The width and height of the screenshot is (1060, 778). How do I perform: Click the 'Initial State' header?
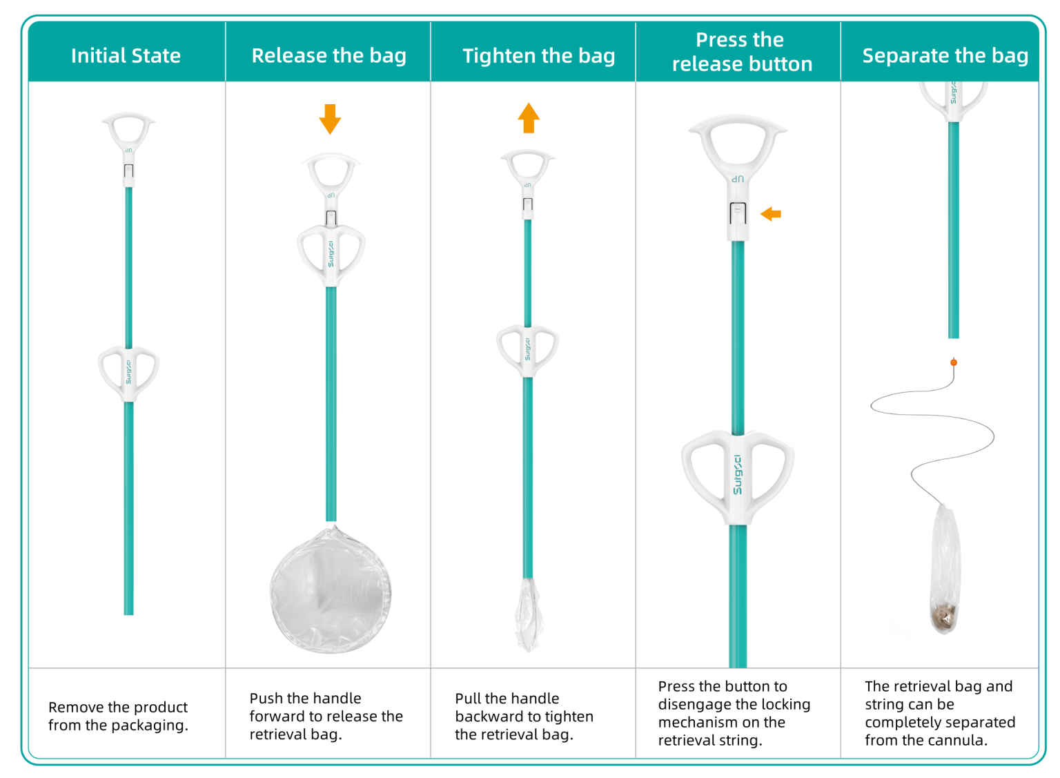[x=126, y=55]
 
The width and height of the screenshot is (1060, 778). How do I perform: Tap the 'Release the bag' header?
[x=328, y=55]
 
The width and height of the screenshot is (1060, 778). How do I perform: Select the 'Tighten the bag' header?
[x=538, y=55]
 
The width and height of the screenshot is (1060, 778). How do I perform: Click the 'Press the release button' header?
[x=741, y=52]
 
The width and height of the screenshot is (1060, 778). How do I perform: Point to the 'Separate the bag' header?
[x=945, y=55]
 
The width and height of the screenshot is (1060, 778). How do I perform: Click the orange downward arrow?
[x=330, y=119]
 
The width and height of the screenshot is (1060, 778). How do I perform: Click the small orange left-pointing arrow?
[x=771, y=214]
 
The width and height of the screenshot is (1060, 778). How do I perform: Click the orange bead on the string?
[x=954, y=362]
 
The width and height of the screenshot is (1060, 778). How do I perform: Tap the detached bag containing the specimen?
[x=945, y=573]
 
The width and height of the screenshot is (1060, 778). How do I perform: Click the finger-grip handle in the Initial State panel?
[x=128, y=373]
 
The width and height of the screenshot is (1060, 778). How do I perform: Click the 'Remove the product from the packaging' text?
[x=118, y=716]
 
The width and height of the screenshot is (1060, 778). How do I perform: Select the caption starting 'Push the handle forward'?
[x=326, y=716]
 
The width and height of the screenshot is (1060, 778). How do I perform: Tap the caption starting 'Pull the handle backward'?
[x=524, y=716]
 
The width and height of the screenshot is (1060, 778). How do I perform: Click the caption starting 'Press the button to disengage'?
[x=734, y=713]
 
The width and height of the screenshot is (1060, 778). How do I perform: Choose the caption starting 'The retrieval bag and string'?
[x=939, y=713]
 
